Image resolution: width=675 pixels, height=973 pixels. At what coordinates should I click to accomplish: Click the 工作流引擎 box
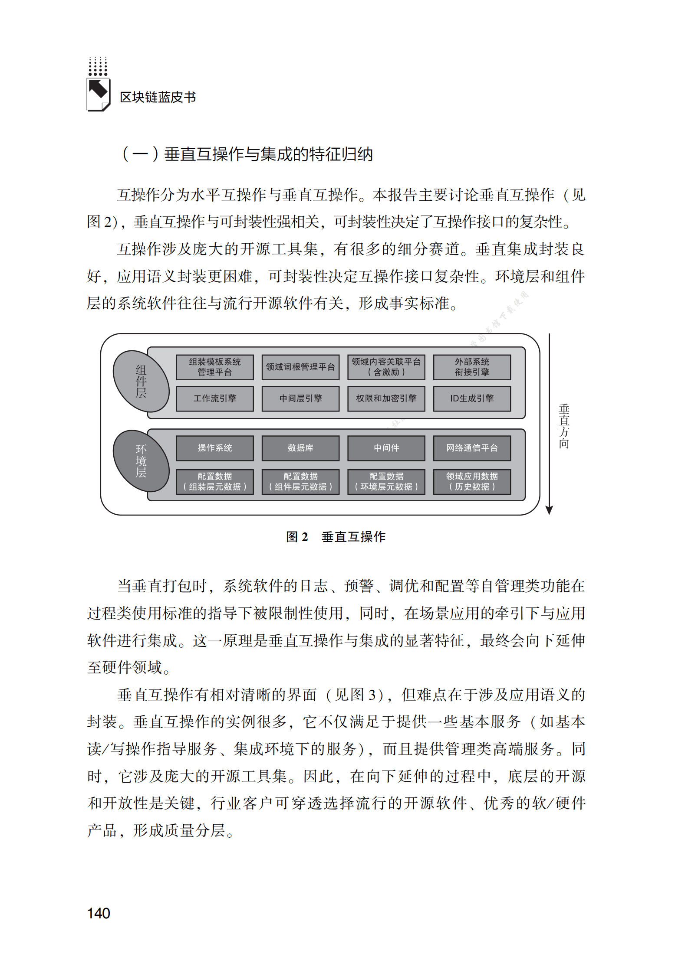[x=214, y=398]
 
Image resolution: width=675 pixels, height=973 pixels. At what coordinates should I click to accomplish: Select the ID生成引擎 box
[x=472, y=398]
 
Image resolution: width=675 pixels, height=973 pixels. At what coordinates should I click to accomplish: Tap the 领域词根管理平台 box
[x=300, y=367]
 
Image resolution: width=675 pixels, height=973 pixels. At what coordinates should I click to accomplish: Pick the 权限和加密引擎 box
[x=386, y=398]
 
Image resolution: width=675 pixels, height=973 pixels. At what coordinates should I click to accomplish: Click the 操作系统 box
[x=214, y=448]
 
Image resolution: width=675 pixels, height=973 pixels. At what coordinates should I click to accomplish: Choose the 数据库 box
[x=300, y=448]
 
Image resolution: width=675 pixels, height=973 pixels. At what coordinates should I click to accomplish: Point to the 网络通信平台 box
[x=472, y=448]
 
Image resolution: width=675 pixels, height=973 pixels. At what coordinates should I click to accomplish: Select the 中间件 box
[x=386, y=448]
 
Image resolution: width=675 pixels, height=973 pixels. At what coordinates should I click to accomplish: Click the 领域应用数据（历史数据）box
[x=472, y=481]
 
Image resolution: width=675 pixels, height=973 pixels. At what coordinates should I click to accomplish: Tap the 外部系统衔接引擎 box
[x=472, y=367]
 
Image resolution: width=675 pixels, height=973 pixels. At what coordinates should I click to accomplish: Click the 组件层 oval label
[x=141, y=381]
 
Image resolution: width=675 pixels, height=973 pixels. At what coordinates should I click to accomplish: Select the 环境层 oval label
[x=141, y=460]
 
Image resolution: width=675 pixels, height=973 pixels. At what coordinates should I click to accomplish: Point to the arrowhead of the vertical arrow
[x=549, y=510]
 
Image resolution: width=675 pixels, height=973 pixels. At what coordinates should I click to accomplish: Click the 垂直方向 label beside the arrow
[x=564, y=426]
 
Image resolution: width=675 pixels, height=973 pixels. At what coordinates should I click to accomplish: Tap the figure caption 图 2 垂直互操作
[x=336, y=537]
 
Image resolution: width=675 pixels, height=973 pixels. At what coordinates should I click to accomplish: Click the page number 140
[x=99, y=913]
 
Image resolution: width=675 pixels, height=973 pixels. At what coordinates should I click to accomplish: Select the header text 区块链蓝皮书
[x=158, y=97]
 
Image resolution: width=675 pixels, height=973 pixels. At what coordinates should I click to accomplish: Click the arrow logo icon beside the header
[x=99, y=93]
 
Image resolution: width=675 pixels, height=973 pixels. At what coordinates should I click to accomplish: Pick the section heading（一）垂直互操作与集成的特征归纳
[x=247, y=154]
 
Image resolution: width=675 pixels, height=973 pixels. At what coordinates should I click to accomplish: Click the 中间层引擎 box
[x=300, y=398]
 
